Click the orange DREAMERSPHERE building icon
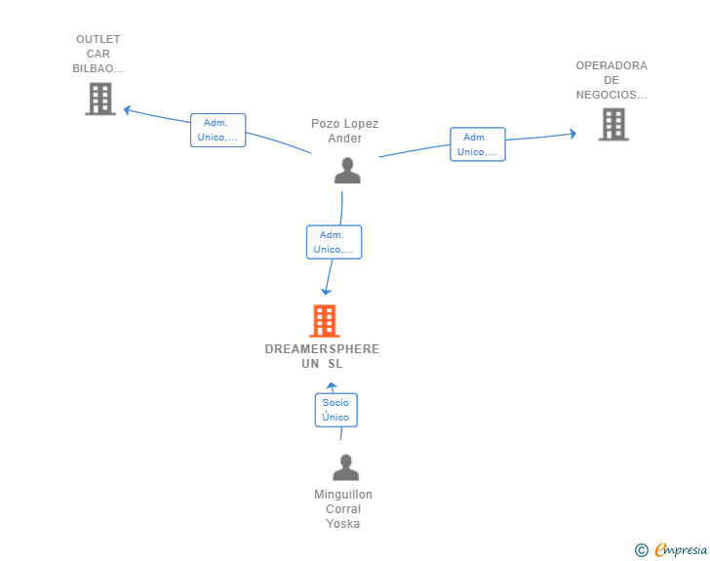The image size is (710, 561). click(324, 320)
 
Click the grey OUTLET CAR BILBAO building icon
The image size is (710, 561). click(99, 99)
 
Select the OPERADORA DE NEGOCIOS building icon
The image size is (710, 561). click(612, 124)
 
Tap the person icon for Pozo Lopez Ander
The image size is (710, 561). click(347, 171)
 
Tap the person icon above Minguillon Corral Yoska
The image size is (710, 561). click(345, 467)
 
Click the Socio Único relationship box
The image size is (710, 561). click(335, 410)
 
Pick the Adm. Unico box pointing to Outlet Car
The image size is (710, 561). click(217, 130)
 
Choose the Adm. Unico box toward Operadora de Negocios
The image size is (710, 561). click(477, 144)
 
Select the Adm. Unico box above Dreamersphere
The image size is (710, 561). click(334, 242)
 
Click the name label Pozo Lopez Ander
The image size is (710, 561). click(344, 131)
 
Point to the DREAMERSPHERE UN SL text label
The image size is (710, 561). click(322, 356)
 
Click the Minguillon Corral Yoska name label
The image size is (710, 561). click(343, 508)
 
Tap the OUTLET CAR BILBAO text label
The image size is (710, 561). click(98, 54)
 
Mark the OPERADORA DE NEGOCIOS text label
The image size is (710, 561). click(611, 80)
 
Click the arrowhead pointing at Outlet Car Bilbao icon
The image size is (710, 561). click(127, 109)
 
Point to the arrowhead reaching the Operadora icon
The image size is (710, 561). click(573, 134)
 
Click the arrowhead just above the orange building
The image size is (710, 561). click(327, 291)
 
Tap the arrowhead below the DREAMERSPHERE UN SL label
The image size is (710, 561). click(331, 386)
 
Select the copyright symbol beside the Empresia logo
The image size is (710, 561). click(641, 550)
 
